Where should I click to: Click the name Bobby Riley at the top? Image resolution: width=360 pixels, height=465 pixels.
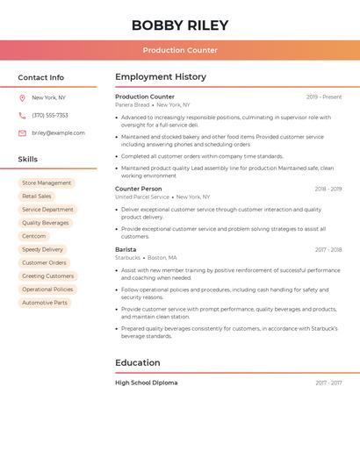pyautogui.click(x=180, y=25)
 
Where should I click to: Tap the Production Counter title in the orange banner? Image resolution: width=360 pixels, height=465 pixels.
pyautogui.click(x=180, y=50)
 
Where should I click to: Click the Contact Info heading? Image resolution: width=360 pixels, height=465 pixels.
pyautogui.click(x=41, y=77)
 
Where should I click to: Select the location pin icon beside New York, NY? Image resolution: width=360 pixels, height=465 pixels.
pyautogui.click(x=22, y=97)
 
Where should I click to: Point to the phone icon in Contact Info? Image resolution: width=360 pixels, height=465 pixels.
pyautogui.click(x=22, y=115)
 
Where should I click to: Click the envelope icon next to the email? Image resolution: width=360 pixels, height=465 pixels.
pyautogui.click(x=22, y=133)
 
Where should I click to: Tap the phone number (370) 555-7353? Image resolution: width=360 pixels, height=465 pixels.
pyautogui.click(x=50, y=115)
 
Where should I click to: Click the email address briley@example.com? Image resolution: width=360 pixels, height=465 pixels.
pyautogui.click(x=58, y=133)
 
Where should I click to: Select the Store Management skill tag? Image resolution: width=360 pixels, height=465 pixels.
pyautogui.click(x=47, y=183)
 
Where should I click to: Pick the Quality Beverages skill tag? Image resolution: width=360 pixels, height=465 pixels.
pyautogui.click(x=45, y=223)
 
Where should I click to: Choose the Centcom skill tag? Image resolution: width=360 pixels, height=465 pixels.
pyautogui.click(x=34, y=236)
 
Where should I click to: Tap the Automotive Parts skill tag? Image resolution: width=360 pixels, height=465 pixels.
pyautogui.click(x=45, y=303)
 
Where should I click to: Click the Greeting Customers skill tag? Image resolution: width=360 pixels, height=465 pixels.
pyautogui.click(x=48, y=276)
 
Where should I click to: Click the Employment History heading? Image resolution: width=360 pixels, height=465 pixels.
pyautogui.click(x=161, y=77)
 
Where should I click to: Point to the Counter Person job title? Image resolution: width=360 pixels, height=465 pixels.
pyautogui.click(x=139, y=189)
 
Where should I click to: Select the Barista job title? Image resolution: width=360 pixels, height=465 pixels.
pyautogui.click(x=126, y=249)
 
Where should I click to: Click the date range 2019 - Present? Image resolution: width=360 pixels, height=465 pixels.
pyautogui.click(x=324, y=97)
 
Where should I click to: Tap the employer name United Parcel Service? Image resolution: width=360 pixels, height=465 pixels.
pyautogui.click(x=142, y=197)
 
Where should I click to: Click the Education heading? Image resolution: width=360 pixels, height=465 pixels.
pyautogui.click(x=138, y=362)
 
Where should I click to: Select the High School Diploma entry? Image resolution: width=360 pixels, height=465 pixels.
pyautogui.click(x=146, y=383)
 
